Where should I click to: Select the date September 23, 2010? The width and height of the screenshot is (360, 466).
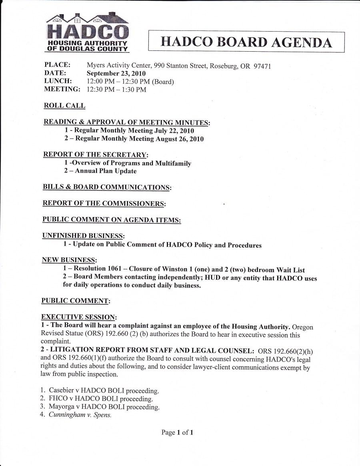tap(116, 74)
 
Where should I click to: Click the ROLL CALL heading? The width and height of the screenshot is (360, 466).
tap(64, 106)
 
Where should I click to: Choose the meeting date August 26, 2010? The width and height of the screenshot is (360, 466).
tap(180, 139)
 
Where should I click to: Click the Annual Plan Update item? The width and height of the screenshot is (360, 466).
tap(106, 171)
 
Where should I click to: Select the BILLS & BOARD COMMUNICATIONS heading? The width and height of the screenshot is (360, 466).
tap(107, 187)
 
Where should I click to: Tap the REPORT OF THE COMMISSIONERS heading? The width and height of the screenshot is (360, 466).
tap(104, 203)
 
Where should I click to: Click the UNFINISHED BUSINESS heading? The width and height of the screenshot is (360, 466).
tap(83, 236)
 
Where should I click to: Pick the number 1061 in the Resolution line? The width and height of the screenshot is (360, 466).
tap(114, 269)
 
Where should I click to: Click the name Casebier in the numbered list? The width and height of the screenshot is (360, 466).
tap(62, 390)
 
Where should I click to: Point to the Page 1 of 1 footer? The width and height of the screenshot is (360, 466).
tap(178, 432)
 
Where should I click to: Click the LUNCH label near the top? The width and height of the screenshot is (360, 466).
tap(57, 81)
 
